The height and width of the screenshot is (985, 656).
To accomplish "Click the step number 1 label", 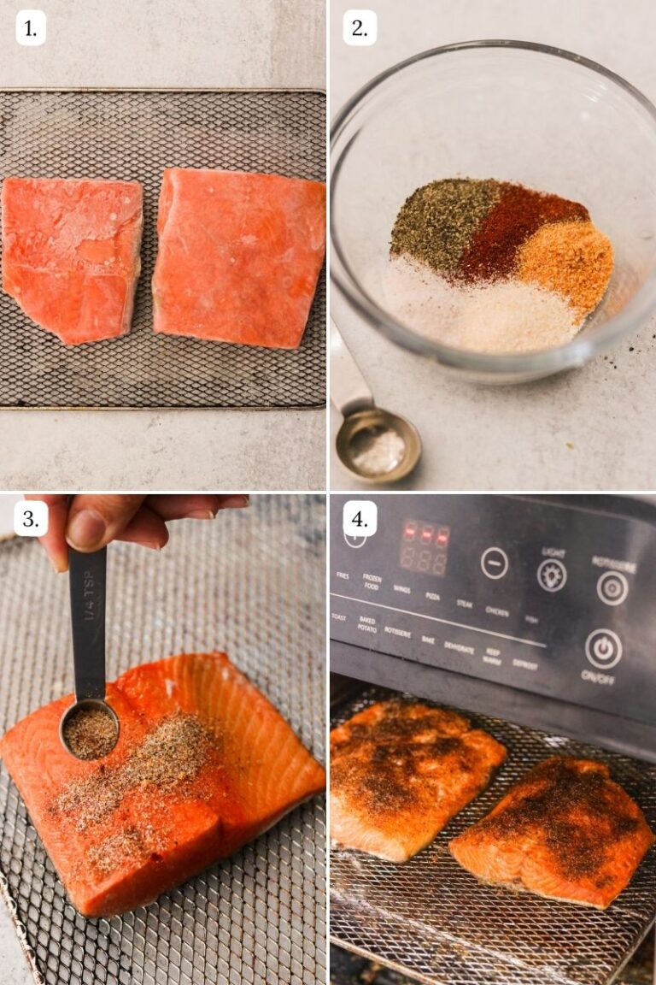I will [30, 29].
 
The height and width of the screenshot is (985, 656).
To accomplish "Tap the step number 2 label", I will [360, 29].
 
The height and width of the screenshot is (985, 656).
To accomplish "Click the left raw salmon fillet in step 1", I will [72, 257].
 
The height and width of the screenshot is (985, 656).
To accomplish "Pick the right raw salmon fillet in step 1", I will [239, 257].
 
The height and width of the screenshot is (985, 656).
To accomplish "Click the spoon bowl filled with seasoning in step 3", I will [89, 731].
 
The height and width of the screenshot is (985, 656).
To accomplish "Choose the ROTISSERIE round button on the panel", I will [612, 588].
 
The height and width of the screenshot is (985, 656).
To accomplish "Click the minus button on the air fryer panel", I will [494, 563].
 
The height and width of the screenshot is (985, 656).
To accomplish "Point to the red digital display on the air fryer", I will [425, 546].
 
